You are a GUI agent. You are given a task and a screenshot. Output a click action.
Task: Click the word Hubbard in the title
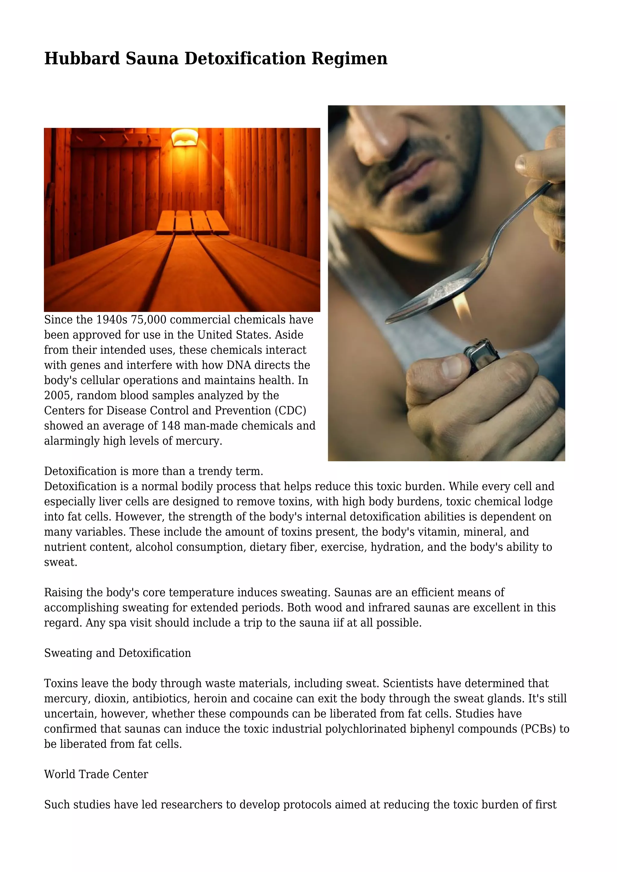82,59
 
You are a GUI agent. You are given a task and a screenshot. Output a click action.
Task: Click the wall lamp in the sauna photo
185,137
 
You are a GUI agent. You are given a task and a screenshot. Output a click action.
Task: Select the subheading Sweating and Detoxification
117,653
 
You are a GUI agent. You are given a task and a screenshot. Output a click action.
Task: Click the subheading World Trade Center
96,774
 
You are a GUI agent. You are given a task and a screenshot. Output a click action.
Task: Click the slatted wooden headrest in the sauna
192,222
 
